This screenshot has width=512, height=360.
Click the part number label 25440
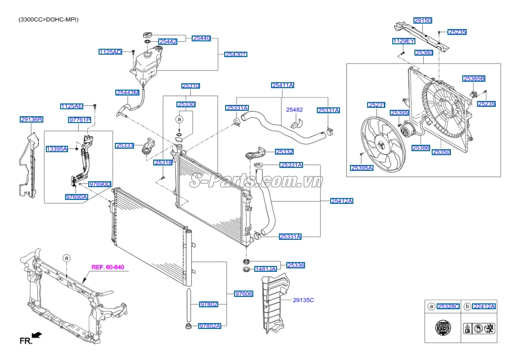pos(201,38)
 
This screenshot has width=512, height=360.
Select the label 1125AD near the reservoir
pos(110,52)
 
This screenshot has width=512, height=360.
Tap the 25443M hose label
pos(128,92)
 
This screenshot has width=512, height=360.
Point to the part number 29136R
pos(32,119)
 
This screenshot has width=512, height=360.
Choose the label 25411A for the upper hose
pos(282,85)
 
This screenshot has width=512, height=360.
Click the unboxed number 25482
pos(295,109)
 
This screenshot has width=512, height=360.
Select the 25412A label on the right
pos(341,201)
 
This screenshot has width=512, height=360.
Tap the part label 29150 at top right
pos(423,21)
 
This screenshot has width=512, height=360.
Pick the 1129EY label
pos(403,40)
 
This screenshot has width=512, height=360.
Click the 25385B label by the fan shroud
pos(474,78)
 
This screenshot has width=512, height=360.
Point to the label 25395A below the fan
pos(362,168)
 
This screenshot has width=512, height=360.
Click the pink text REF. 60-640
pos(107,267)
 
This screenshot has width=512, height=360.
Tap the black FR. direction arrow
pos(37,335)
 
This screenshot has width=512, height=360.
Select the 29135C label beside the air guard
pos(303,299)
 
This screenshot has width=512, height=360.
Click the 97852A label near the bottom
pos(209,326)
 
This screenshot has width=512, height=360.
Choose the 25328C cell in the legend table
pos(448,306)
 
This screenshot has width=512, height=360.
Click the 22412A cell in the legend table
pos(483,306)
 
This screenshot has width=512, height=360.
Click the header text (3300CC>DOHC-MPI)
pos(48,20)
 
